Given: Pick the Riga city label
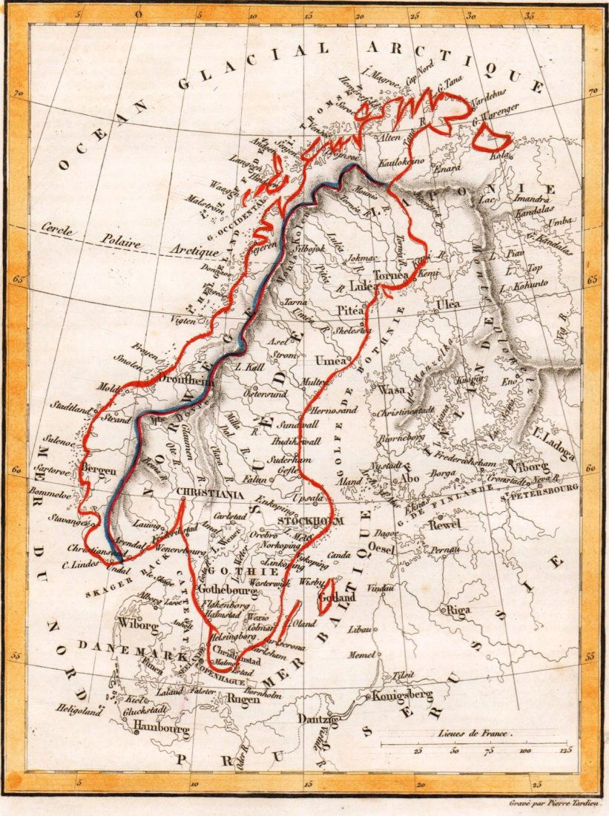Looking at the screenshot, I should [458, 610].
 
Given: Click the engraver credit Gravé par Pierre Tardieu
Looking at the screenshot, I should [558, 802].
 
